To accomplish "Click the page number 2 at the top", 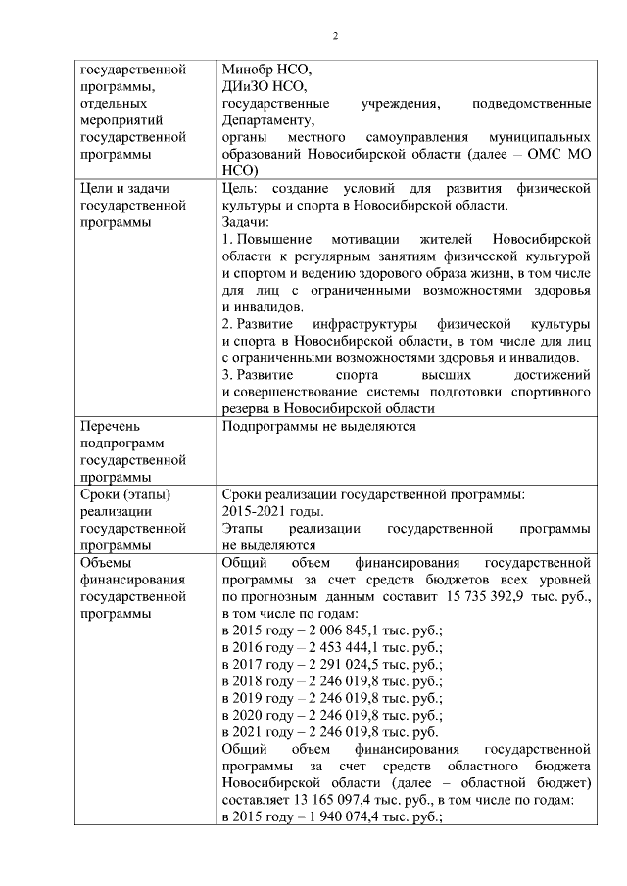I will pos(335,37).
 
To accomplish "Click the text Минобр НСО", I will pos(265,70).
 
